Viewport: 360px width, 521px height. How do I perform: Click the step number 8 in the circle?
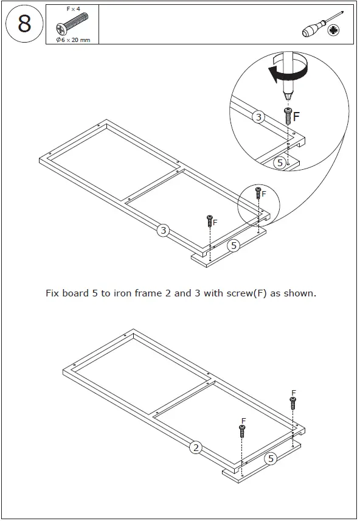pyautogui.click(x=24, y=24)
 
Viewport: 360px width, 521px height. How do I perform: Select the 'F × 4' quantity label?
pyautogui.click(x=72, y=10)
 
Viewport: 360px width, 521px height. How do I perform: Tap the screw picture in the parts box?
pyautogui.click(x=71, y=26)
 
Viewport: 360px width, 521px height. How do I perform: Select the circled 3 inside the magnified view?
pyautogui.click(x=258, y=117)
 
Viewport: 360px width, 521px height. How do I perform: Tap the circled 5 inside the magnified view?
pyautogui.click(x=279, y=163)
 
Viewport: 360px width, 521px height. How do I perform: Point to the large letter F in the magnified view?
pyautogui.click(x=296, y=115)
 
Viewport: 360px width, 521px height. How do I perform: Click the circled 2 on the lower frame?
pyautogui.click(x=195, y=448)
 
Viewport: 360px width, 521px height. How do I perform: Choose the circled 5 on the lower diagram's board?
pyautogui.click(x=271, y=459)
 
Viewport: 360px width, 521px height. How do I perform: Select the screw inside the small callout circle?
pyautogui.click(x=258, y=194)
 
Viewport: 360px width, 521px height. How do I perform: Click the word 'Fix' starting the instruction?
pyautogui.click(x=54, y=293)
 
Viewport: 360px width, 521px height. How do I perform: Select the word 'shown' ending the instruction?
pyautogui.click(x=300, y=293)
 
